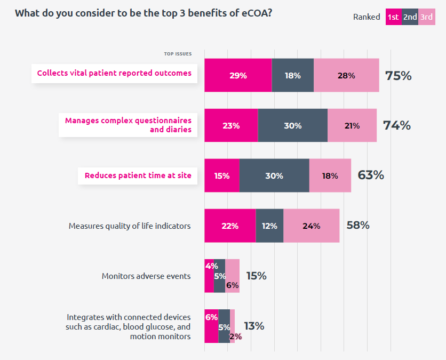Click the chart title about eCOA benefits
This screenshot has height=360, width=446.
tap(144, 13)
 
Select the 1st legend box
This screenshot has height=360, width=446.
tap(393, 17)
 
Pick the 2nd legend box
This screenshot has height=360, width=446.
tap(410, 17)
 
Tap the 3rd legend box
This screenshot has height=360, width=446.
tap(426, 17)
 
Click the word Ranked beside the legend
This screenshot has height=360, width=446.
tap(367, 17)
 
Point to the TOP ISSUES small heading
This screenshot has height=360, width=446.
tap(178, 53)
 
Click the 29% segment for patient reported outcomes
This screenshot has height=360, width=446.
tap(238, 76)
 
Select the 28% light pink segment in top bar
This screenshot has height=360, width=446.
tap(346, 76)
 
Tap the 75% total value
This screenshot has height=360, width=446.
tap(398, 76)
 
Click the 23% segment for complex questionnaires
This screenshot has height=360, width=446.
tap(231, 126)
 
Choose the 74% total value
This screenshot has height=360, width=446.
tap(396, 125)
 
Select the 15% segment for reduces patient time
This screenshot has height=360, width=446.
tap(222, 175)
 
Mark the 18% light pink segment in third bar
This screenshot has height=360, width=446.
tap(330, 175)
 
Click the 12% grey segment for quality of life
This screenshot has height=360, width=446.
tap(269, 226)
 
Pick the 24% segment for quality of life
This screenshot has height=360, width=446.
tap(311, 226)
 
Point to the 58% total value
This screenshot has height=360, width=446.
tap(357, 225)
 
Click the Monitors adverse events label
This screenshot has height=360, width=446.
tap(146, 276)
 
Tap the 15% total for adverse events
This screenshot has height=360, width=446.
tap(256, 276)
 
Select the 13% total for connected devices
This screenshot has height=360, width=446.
tap(254, 326)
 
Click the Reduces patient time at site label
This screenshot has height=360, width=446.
tap(138, 175)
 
